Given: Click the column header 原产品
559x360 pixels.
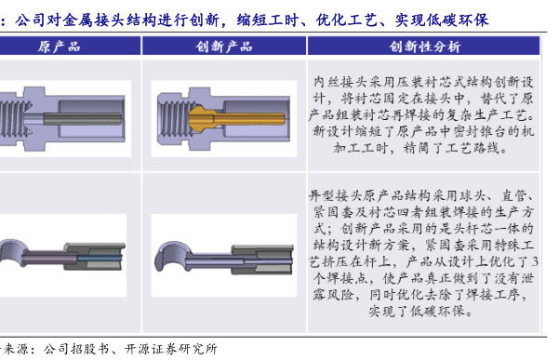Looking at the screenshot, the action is [60, 47].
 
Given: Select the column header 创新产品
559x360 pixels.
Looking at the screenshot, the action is [224, 47].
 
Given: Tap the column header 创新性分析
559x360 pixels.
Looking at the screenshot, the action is [424, 47].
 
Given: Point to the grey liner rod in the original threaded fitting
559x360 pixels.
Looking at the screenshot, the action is [83, 118].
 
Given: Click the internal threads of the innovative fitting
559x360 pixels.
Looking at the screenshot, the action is [175, 118].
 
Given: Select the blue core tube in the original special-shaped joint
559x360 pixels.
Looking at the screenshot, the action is [100, 258].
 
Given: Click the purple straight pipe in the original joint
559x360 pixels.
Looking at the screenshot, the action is [50, 258].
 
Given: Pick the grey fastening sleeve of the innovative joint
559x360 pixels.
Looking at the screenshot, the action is [262, 260].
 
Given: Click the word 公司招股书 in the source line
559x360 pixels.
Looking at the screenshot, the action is [76, 349].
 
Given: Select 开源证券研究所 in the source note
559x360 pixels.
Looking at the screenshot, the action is [171, 349].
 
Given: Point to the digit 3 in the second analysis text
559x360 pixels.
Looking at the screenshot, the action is [535, 262].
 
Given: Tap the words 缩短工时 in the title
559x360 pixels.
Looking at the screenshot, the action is [267, 20].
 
